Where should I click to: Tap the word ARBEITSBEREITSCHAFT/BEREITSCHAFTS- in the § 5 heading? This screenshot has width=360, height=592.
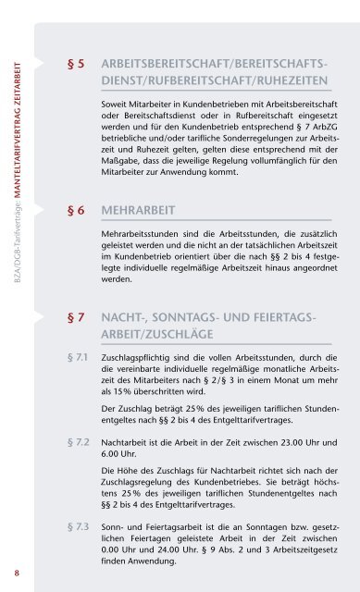[x=213, y=66]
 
